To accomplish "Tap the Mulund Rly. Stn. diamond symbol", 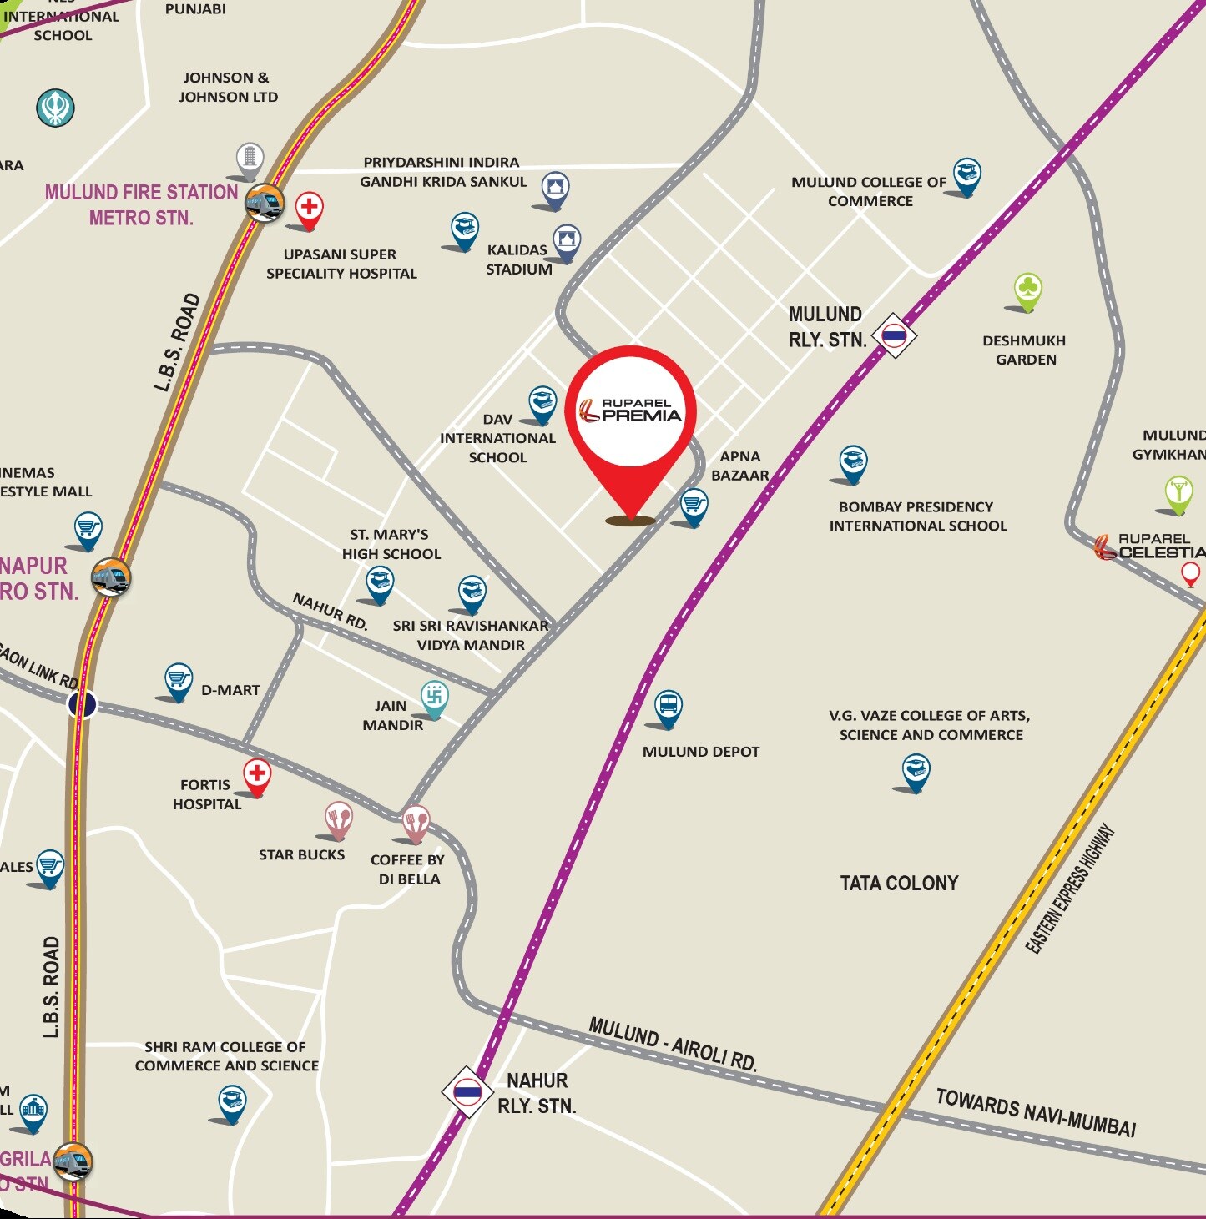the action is (894, 335).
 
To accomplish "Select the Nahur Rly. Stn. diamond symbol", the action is (467, 1091).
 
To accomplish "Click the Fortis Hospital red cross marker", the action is (257, 774).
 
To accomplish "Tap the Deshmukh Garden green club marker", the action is (1028, 290).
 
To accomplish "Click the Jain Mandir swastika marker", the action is (434, 696).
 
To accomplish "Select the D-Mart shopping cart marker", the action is (178, 679).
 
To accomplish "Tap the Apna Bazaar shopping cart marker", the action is (694, 504).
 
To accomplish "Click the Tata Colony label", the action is (899, 883).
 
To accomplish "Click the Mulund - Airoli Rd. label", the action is (673, 1044).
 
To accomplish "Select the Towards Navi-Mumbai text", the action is (1036, 1113).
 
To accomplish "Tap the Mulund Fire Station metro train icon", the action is (265, 202).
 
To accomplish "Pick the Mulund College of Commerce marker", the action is (966, 174).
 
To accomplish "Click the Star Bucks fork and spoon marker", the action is (338, 819).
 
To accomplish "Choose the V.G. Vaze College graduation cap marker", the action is (916, 770).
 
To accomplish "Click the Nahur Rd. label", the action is (331, 611).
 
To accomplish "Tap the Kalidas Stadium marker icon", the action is (567, 240).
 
